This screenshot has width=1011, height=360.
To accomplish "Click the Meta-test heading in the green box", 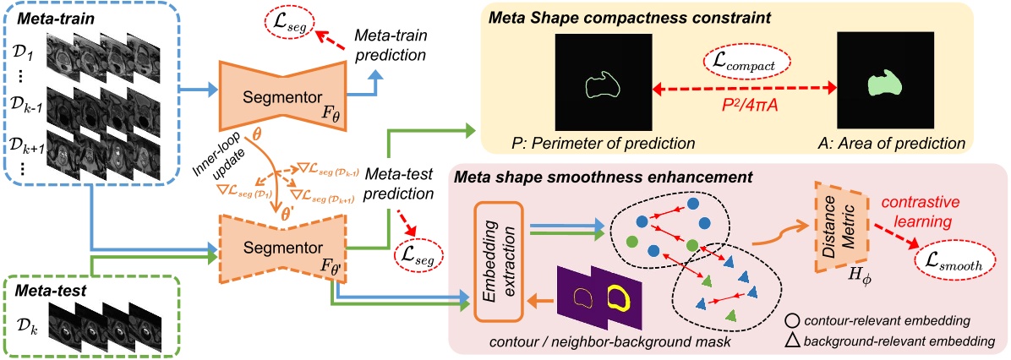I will point(47,291).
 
